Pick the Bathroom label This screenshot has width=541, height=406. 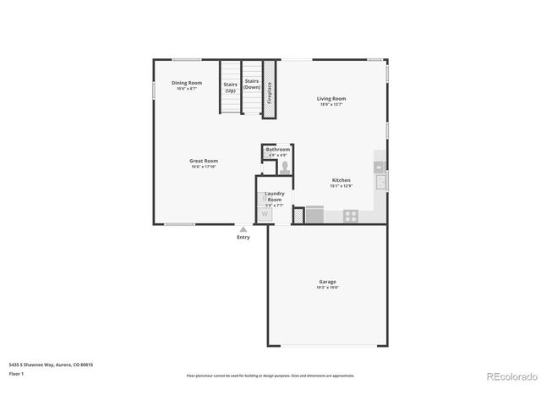pyautogui.click(x=277, y=151)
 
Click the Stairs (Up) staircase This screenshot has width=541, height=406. pyautogui.click(x=230, y=86)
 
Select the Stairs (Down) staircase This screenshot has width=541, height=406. pyautogui.click(x=252, y=86)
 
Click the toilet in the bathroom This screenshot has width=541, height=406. pyautogui.click(x=284, y=167)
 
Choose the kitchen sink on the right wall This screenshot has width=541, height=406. pyautogui.click(x=380, y=180)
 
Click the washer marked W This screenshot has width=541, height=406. pyautogui.click(x=265, y=215)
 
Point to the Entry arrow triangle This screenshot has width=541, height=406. pyautogui.click(x=243, y=229)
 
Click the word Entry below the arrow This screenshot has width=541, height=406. pyautogui.click(x=243, y=238)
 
